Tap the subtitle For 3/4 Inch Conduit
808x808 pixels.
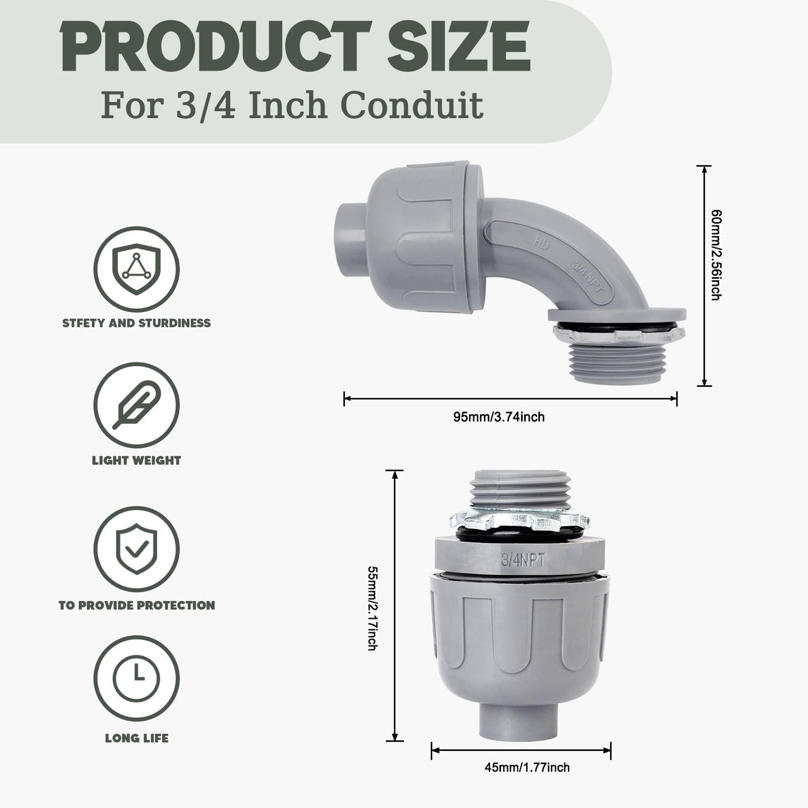click(x=292, y=105)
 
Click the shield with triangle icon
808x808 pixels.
click(x=136, y=269)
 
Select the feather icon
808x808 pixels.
click(x=136, y=405)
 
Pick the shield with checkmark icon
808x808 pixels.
click(x=136, y=549)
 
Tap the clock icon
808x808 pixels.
click(x=136, y=677)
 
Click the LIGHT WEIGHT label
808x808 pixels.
click(x=136, y=461)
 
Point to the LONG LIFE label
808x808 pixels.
click(x=136, y=738)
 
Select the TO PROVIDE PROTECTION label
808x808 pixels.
click(x=136, y=605)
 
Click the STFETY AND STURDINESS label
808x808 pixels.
click(x=136, y=323)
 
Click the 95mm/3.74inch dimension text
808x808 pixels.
click(x=498, y=417)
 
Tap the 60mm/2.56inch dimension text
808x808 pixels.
click(x=715, y=254)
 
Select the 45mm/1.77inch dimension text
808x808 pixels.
click(x=527, y=768)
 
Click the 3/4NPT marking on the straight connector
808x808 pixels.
click(x=523, y=559)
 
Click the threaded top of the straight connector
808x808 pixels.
click(x=519, y=486)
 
